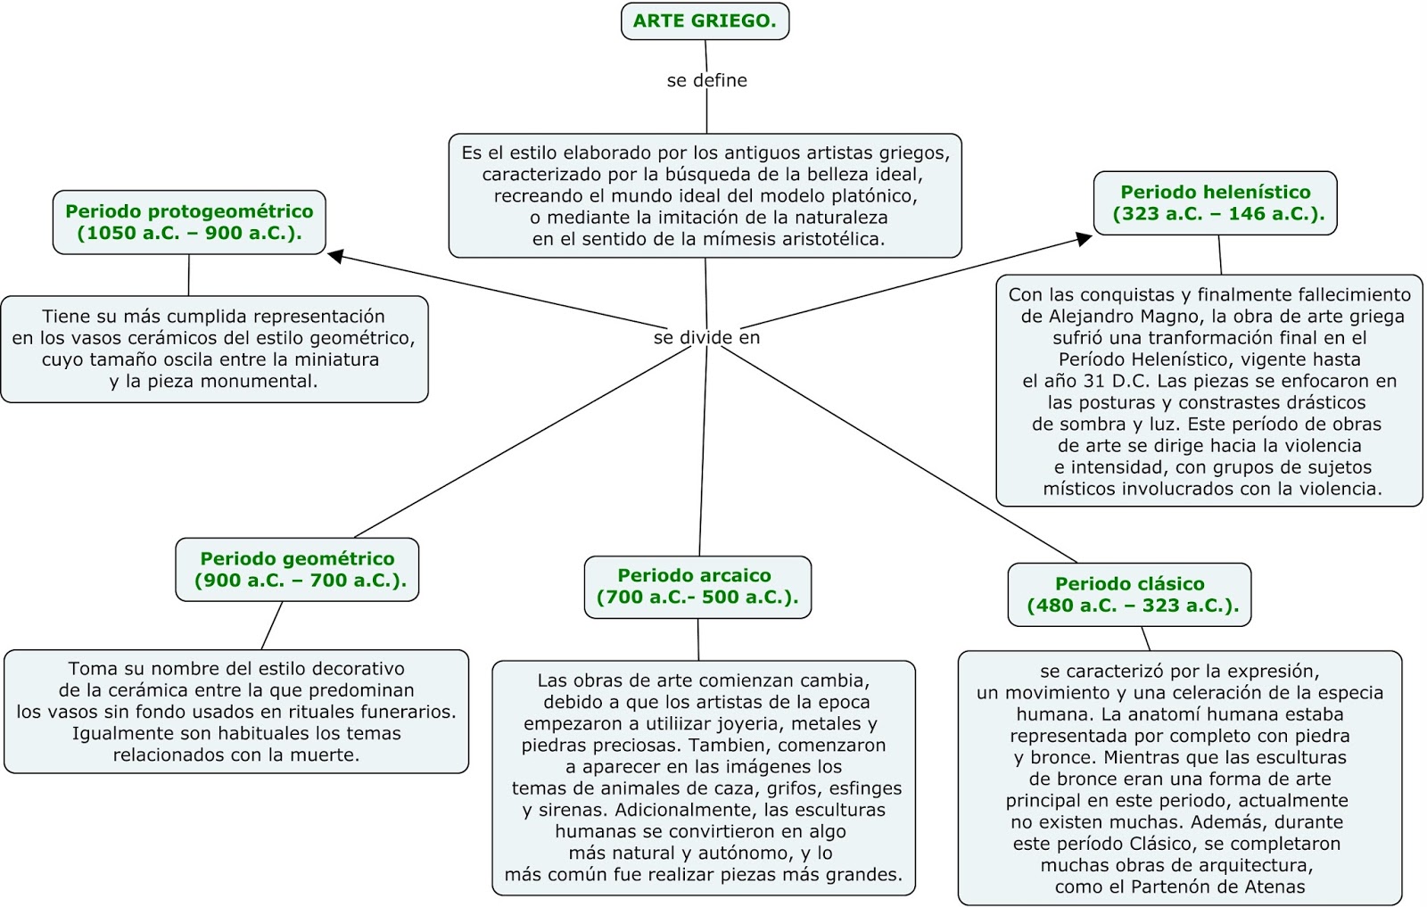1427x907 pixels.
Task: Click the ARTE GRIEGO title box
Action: pyautogui.click(x=705, y=21)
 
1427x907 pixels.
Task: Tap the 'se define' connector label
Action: pyautogui.click(x=706, y=80)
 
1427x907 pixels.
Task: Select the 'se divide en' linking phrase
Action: pyautogui.click(x=706, y=338)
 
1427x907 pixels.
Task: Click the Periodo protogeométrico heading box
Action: pyautogui.click(x=189, y=222)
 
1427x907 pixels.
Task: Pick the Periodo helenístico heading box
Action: pyautogui.click(x=1215, y=203)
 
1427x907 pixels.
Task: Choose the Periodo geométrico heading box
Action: pyautogui.click(x=297, y=570)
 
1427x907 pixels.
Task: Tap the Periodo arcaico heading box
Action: pyautogui.click(x=697, y=587)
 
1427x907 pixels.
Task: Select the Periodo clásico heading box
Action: pyautogui.click(x=1129, y=595)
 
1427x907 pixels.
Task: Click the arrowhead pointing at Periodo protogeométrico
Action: pyautogui.click(x=336, y=257)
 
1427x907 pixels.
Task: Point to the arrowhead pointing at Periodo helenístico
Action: pyautogui.click(x=1084, y=239)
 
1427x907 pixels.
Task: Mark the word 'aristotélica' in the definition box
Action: pyautogui.click(x=825, y=239)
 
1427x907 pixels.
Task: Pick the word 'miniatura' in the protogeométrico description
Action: pyautogui.click(x=337, y=360)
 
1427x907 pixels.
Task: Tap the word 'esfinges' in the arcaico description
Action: pyautogui.click(x=864, y=789)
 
